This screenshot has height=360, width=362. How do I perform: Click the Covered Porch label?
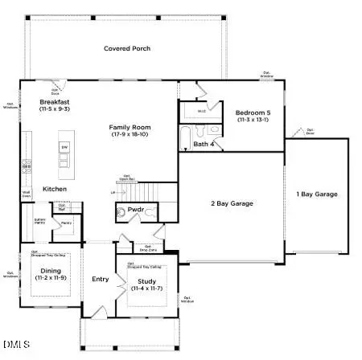coord(127,49)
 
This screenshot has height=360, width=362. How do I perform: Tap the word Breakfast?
coord(57,101)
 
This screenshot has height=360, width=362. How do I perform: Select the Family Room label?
coord(130,127)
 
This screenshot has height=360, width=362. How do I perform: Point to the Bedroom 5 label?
coord(253,112)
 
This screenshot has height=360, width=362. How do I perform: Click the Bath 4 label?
coord(204,144)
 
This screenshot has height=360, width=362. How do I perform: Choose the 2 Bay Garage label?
coord(232,203)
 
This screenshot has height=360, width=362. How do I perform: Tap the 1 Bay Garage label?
coord(317,194)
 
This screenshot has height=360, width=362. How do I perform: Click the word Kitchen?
coord(55,189)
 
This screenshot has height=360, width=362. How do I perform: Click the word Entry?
coord(101,279)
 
